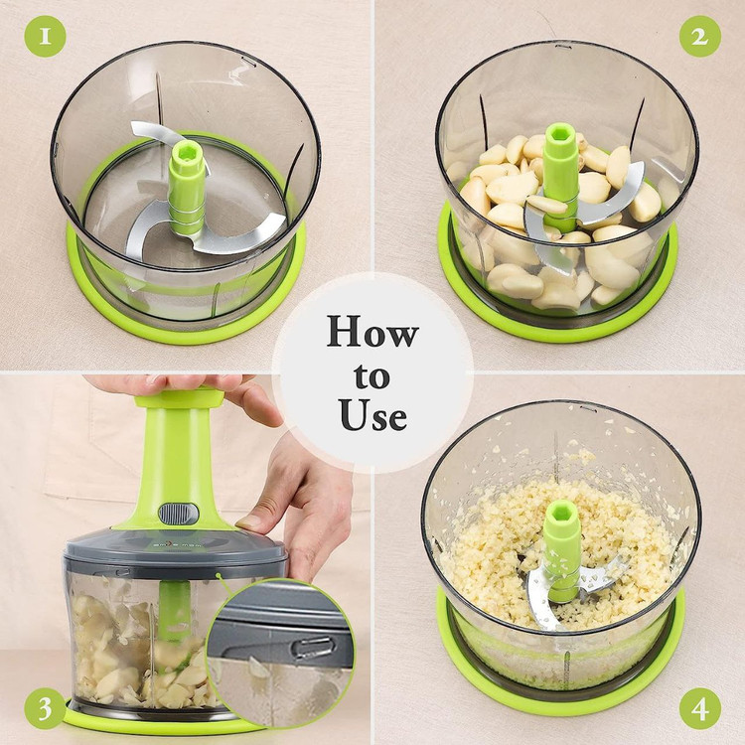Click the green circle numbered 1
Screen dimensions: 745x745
click(45, 37)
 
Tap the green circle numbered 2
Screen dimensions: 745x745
click(700, 37)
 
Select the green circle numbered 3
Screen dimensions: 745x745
click(45, 708)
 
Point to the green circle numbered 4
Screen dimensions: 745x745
click(700, 708)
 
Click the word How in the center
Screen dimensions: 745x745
click(372, 331)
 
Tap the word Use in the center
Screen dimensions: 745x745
click(373, 414)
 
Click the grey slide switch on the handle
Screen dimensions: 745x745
click(178, 514)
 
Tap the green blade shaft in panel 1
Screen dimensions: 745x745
click(187, 188)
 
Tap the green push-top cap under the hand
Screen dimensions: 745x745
click(180, 398)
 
